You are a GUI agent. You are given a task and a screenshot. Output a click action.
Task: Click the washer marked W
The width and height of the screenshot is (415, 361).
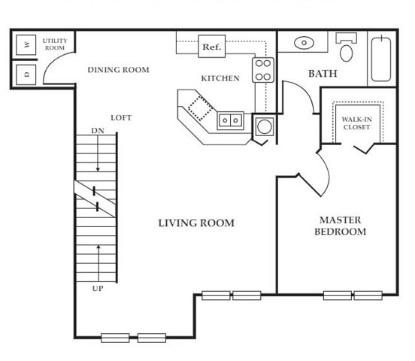26,45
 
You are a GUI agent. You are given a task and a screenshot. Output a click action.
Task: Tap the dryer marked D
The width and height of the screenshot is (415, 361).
26,74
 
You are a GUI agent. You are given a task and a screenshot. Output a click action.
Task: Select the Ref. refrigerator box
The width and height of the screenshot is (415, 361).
212,47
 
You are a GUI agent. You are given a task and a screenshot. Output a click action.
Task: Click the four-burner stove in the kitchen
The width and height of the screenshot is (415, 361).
263,70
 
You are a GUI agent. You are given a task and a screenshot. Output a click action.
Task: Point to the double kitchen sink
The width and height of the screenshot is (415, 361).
230,120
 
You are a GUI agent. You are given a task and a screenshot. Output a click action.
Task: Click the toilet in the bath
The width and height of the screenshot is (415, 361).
346,47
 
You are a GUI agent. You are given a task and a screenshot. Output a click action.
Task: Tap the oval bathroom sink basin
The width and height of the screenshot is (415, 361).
304,43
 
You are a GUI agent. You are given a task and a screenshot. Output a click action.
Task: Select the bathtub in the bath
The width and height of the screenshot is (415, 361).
381,59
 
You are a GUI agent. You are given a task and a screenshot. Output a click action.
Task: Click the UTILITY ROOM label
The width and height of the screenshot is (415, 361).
55,44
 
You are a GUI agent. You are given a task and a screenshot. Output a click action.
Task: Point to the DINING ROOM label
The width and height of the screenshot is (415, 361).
118,70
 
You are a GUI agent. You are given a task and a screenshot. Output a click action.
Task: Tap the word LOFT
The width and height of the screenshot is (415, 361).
121,118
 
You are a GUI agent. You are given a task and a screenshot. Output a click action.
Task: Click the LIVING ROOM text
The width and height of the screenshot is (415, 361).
196,223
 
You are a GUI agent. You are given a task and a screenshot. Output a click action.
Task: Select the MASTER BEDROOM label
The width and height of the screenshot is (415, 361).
341,226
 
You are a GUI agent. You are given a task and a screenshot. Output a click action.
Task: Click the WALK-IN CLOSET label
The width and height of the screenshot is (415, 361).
357,123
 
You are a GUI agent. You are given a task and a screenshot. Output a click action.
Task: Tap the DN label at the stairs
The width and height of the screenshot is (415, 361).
98,131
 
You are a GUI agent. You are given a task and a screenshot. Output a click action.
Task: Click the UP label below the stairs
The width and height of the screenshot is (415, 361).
98,289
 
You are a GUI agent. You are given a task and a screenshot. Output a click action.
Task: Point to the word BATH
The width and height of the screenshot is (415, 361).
323,74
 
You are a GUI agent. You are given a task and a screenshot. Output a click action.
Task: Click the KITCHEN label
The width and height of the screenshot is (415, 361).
220,78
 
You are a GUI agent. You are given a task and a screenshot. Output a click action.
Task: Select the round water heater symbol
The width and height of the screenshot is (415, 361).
264,126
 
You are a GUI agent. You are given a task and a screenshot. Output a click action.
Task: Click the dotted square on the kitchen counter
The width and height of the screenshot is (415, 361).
200,108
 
